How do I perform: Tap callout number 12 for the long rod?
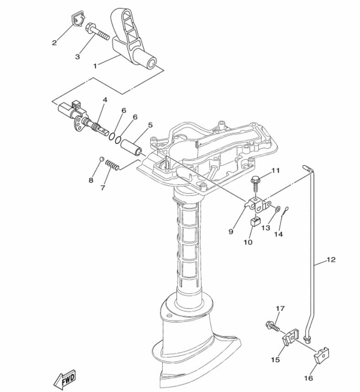[331, 260]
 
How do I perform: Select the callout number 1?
[95, 66]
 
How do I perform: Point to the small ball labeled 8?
[102, 159]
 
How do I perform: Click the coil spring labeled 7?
[113, 165]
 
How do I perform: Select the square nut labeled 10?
[256, 222]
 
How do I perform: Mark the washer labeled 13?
[278, 208]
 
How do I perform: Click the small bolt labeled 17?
[273, 326]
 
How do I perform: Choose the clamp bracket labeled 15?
[290, 337]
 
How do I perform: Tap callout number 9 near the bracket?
[231, 232]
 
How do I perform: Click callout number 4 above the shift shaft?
[105, 100]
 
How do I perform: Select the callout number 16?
[308, 378]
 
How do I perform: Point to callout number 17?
[280, 309]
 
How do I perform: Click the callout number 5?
[150, 125]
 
